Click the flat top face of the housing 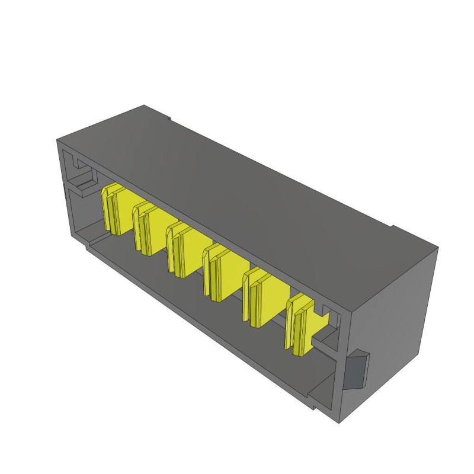[237, 178]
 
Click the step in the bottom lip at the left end [89, 246]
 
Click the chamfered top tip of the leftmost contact [110, 191]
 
